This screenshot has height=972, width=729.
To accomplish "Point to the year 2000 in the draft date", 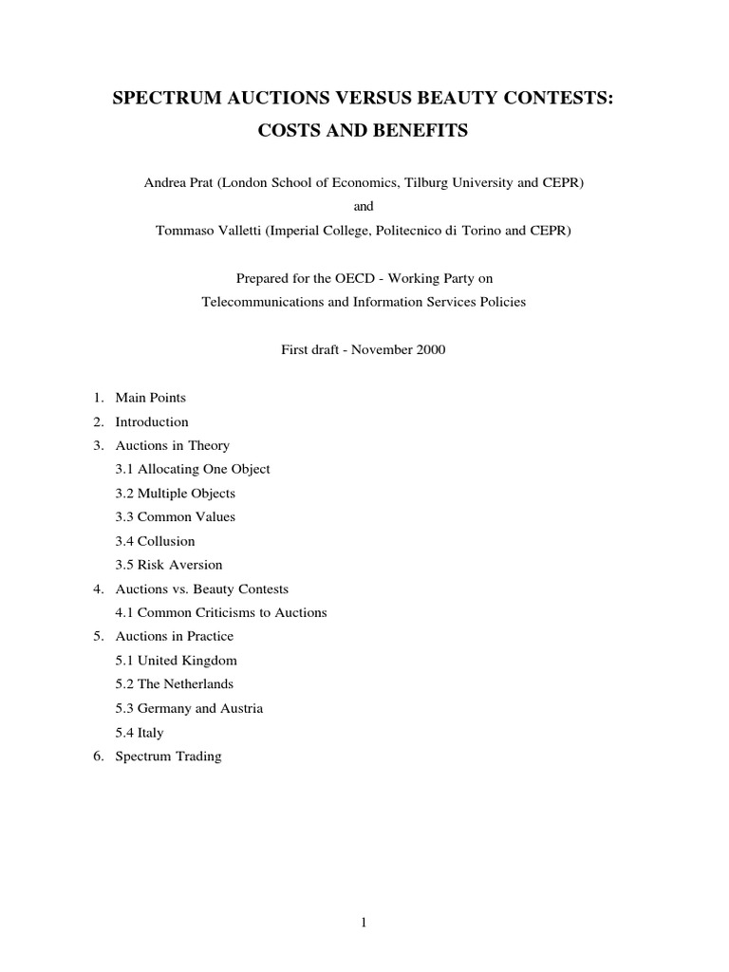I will coord(429,349).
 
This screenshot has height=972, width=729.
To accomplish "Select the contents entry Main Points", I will coord(151,398).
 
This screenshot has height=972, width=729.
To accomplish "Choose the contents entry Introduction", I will coord(152,421).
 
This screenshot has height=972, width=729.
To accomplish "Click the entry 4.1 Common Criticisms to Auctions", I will coord(221,612).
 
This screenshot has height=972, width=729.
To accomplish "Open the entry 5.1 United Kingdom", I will coord(177,660).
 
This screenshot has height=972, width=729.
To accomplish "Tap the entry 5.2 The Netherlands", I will coord(175,683).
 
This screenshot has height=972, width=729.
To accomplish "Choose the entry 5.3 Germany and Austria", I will coord(190,708).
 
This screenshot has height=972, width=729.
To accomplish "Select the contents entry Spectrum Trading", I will coord(168,757).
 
